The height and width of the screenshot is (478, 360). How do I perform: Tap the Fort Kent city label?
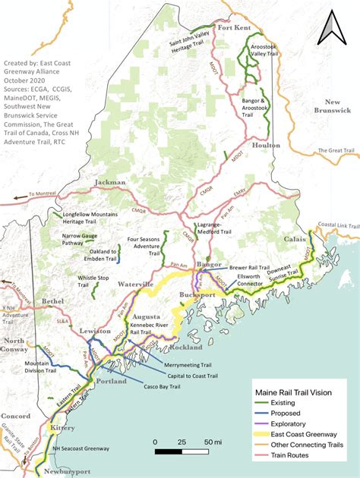[235, 28]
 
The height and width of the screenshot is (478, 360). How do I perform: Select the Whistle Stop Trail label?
[93, 279]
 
